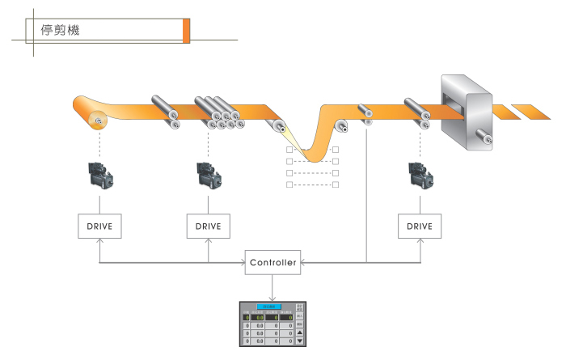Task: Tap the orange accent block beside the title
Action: pyautogui.click(x=187, y=30)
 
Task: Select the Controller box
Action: pyautogui.click(x=273, y=262)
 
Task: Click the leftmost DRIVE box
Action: pyautogui.click(x=99, y=226)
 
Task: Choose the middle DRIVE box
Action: pyautogui.click(x=209, y=226)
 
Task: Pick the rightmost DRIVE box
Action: pyautogui.click(x=420, y=226)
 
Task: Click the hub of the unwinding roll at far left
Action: pyautogui.click(x=99, y=122)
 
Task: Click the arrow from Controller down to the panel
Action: pyautogui.click(x=273, y=287)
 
